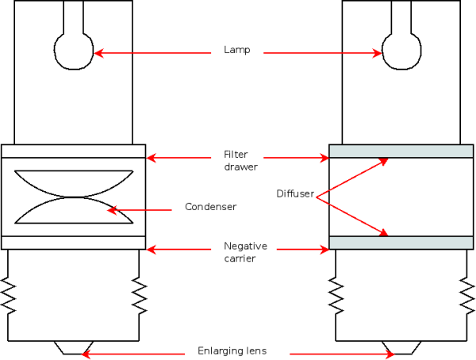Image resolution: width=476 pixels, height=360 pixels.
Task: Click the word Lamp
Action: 236,51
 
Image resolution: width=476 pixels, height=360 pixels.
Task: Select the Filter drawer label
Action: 239,161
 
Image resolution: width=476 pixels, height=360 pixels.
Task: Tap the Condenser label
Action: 210,207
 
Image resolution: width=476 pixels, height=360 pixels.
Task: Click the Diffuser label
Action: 294,193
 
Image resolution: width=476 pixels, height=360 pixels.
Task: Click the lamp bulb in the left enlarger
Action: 75,52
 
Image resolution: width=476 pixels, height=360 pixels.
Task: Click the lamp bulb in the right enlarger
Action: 401,52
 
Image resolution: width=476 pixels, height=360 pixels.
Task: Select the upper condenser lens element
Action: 74,182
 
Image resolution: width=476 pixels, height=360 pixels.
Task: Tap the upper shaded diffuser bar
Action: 401,151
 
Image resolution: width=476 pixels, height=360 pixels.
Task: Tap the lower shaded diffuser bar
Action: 401,243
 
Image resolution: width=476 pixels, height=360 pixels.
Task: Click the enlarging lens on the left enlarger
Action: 74,348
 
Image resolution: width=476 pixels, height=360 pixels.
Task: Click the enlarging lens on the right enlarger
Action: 401,348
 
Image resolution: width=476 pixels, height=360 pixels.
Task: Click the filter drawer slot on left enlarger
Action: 74,151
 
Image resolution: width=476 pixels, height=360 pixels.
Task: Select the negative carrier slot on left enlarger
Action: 74,243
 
